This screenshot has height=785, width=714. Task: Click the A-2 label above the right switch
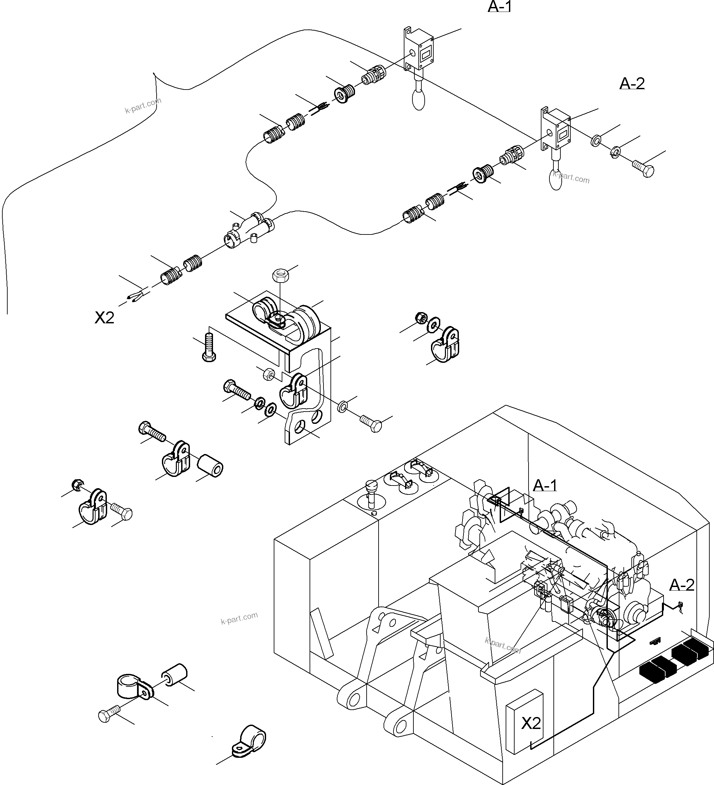(x=632, y=83)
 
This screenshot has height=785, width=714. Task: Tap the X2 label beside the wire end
(x=105, y=318)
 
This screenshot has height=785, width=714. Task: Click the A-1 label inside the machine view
(x=544, y=486)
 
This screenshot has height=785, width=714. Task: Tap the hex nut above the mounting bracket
(x=279, y=275)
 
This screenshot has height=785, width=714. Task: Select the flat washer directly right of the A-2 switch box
(x=596, y=141)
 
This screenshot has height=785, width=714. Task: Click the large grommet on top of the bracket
(x=307, y=324)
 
